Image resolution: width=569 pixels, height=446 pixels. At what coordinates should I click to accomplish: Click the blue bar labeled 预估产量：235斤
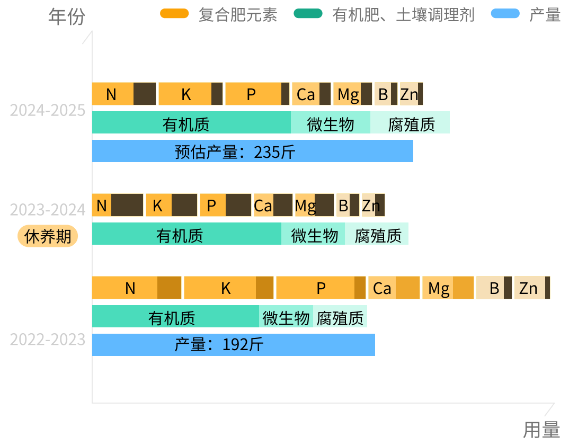pos(252,151)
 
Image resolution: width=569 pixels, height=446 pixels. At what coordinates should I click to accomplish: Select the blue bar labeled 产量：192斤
pos(233,345)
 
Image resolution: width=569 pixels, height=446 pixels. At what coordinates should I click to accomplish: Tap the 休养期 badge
pos(48,236)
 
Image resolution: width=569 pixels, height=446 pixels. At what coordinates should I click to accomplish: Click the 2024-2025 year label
pos(48,111)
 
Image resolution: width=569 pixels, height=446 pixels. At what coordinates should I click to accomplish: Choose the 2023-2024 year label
pos(48,210)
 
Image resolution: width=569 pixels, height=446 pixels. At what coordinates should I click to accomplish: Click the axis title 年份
pos(66,17)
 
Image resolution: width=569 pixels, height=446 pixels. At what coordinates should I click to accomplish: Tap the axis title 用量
pos(541,430)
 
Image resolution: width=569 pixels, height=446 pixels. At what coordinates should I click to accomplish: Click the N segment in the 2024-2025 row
pos(124,94)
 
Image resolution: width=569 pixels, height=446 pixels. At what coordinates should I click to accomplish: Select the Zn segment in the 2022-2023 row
pos(532,288)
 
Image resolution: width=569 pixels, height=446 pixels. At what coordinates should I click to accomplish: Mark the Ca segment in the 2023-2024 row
pos(273,206)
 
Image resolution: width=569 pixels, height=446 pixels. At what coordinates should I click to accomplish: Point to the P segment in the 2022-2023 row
pos(321,288)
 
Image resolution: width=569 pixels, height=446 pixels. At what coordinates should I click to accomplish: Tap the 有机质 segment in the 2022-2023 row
pos(175,317)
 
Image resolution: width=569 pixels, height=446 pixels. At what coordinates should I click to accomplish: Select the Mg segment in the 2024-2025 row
pos(353,94)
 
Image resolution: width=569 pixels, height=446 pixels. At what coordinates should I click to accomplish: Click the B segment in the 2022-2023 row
pos(494,288)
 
